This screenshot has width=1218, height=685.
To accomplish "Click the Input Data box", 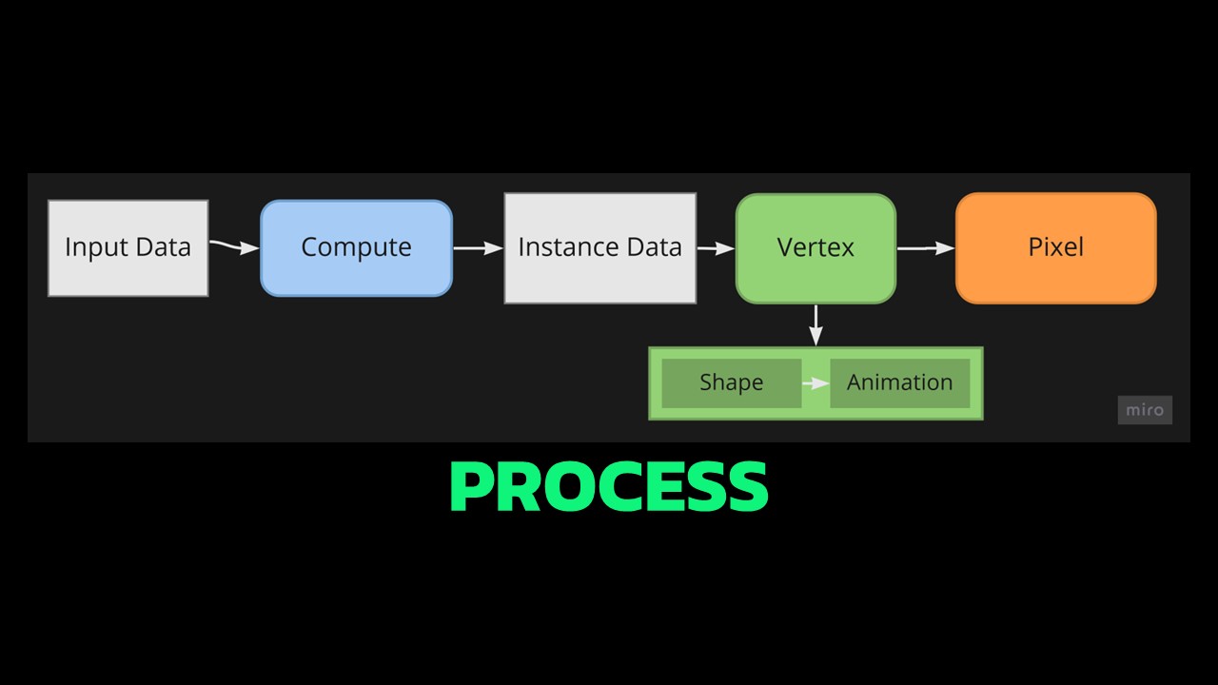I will (128, 247).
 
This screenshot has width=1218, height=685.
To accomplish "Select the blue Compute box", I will (356, 247).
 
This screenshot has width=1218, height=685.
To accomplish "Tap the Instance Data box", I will (599, 248).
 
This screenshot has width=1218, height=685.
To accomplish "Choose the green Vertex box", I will (815, 248).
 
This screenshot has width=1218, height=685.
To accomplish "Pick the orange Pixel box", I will (1055, 248).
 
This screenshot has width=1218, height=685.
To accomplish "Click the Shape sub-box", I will (731, 382).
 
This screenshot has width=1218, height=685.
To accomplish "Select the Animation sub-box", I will (899, 382).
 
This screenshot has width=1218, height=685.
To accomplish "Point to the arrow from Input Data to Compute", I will (234, 247).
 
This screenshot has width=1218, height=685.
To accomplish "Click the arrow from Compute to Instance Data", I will (478, 248).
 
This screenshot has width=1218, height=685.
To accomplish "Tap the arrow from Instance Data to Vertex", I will (716, 248).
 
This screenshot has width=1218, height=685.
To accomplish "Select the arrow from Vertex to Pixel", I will (925, 248).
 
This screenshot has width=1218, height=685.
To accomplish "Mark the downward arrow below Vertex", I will (815, 325).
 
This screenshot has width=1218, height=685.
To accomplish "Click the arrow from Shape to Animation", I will (815, 383).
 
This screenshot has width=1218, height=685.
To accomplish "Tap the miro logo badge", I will (1145, 410).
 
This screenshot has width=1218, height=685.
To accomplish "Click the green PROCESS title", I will (608, 487).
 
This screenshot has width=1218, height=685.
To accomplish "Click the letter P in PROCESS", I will (471, 487).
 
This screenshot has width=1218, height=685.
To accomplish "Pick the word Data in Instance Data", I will (658, 247).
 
